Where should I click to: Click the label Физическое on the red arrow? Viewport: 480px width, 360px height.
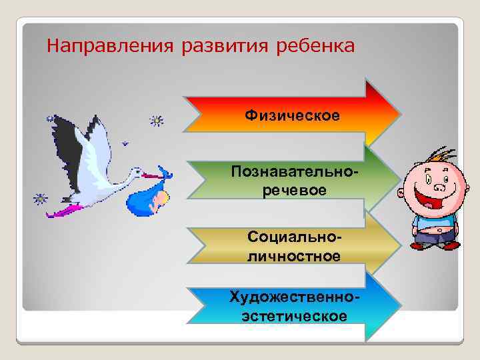[x=292, y=116]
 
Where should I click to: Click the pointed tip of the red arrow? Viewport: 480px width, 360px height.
[x=399, y=112]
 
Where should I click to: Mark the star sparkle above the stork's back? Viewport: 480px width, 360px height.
[x=157, y=121]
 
